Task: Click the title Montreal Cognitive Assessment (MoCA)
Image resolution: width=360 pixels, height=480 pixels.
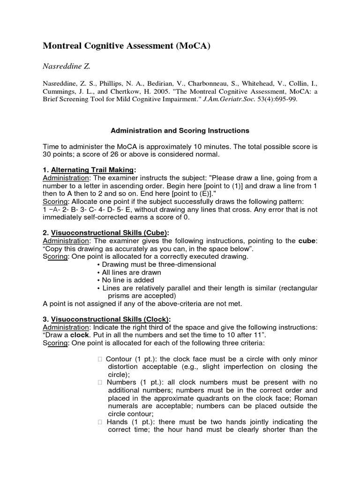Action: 127,45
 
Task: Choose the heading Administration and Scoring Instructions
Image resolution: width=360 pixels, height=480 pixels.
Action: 180,130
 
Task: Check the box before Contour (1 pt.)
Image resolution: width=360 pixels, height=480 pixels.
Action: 100,359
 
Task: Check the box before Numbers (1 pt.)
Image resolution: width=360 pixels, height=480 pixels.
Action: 100,382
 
